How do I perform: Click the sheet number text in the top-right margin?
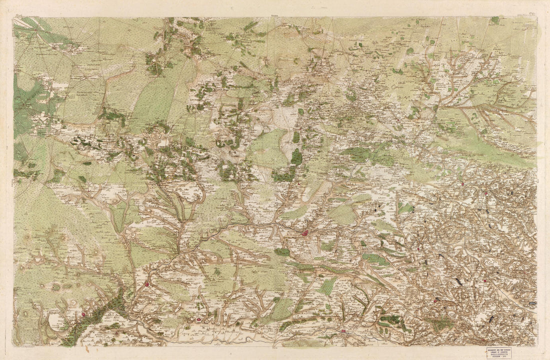click(531, 15)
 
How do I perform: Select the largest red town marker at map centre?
click(304, 232)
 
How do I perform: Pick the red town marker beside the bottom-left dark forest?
click(83, 314)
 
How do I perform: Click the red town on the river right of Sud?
click(343, 330)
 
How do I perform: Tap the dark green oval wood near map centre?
click(296, 157)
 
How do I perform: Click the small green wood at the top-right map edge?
click(495, 20)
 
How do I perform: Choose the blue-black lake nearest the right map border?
click(532, 303)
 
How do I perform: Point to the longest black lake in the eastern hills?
click(458, 282)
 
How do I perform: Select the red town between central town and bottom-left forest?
click(147, 284)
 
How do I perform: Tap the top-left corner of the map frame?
click(13, 17)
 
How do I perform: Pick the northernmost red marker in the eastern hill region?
click(463, 183)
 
